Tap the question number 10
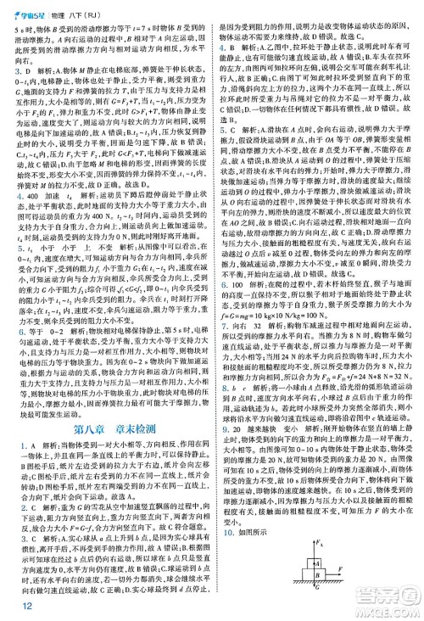tap(222, 509)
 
